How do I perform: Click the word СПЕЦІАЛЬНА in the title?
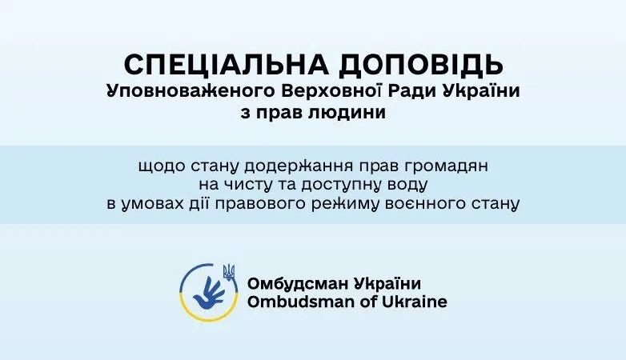227,64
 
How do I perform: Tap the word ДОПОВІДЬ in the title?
421,66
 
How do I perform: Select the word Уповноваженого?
191,91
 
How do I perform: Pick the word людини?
347,113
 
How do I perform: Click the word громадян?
447,166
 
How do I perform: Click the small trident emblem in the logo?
229,271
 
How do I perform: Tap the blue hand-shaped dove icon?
208,293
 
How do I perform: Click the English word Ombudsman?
299,302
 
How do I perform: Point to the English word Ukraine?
415,302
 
